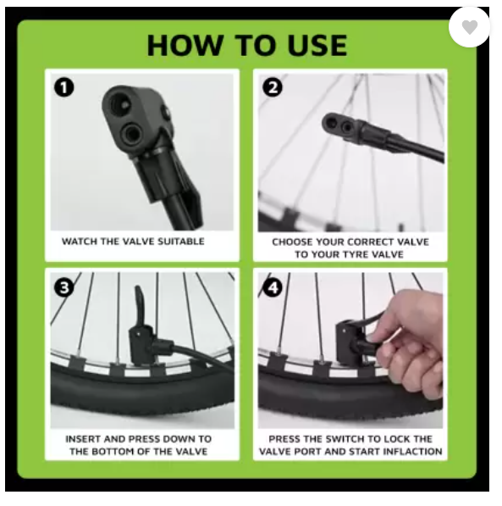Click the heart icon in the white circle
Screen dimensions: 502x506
point(470,27)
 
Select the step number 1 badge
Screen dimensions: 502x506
point(64,87)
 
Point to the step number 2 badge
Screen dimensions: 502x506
point(273,87)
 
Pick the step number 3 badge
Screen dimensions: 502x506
point(63,287)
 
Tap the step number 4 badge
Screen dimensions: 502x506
point(273,287)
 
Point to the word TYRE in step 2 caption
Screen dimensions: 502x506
point(354,254)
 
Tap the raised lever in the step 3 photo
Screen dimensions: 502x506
point(141,306)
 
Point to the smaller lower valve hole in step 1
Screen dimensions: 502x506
point(132,133)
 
